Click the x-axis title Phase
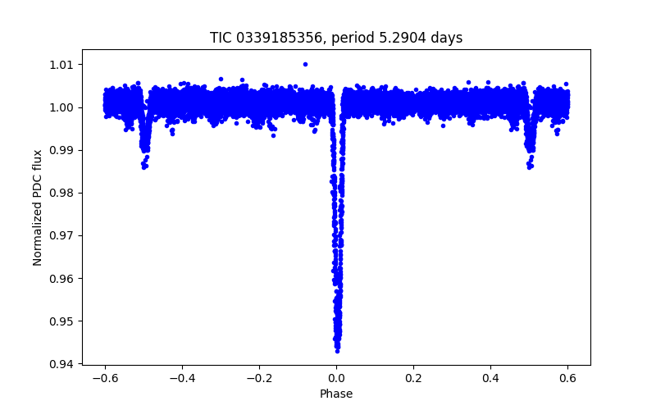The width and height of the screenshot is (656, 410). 336,394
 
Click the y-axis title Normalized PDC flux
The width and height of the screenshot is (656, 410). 38,207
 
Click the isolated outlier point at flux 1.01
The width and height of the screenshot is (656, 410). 305,64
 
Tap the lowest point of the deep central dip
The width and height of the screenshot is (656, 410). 337,350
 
